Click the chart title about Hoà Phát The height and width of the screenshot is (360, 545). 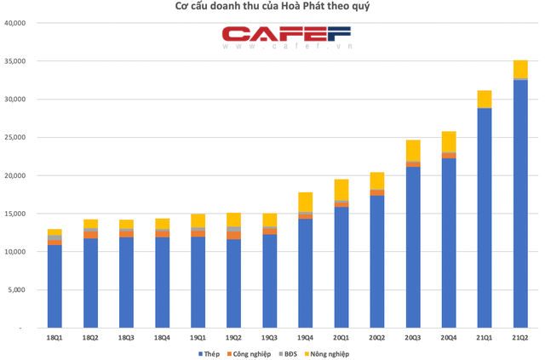pyautogui.click(x=272, y=7)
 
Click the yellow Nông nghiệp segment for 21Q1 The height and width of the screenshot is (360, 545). pyautogui.click(x=485, y=99)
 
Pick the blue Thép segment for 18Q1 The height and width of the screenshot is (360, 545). pyautogui.click(x=54, y=287)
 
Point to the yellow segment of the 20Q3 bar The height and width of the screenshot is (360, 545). pyautogui.click(x=413, y=150)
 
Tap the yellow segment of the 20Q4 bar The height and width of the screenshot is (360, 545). pyautogui.click(x=449, y=141)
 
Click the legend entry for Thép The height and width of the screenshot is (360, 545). pyautogui.click(x=209, y=353)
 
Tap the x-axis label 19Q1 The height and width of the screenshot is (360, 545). pyautogui.click(x=198, y=337)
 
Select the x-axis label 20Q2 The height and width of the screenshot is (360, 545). pyautogui.click(x=376, y=337)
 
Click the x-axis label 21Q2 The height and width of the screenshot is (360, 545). pyautogui.click(x=520, y=337)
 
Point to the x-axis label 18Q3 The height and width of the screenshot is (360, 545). pyautogui.click(x=126, y=337)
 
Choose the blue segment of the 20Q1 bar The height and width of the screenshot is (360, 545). pyautogui.click(x=341, y=267)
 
